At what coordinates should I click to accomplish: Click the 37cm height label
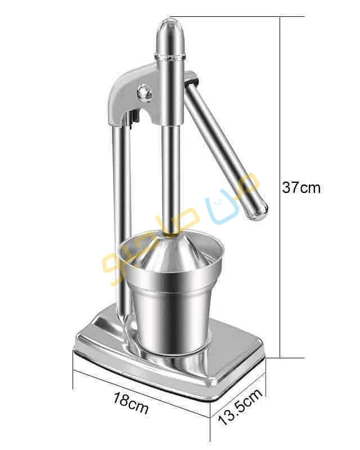pyautogui.click(x=301, y=187)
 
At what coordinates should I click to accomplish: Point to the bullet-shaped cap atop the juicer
pyautogui.click(x=169, y=35)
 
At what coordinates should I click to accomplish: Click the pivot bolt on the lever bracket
pyautogui.click(x=145, y=92)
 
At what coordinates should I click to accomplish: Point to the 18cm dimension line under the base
pyautogui.click(x=141, y=388)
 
